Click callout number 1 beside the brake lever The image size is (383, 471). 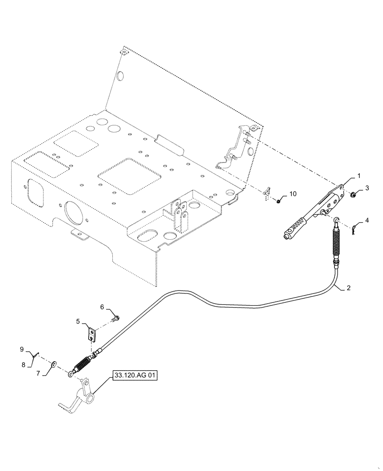(x=358, y=176)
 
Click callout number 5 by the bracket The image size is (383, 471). (x=78, y=322)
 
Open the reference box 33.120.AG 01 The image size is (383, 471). (x=134, y=375)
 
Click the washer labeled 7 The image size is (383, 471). (x=55, y=363)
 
